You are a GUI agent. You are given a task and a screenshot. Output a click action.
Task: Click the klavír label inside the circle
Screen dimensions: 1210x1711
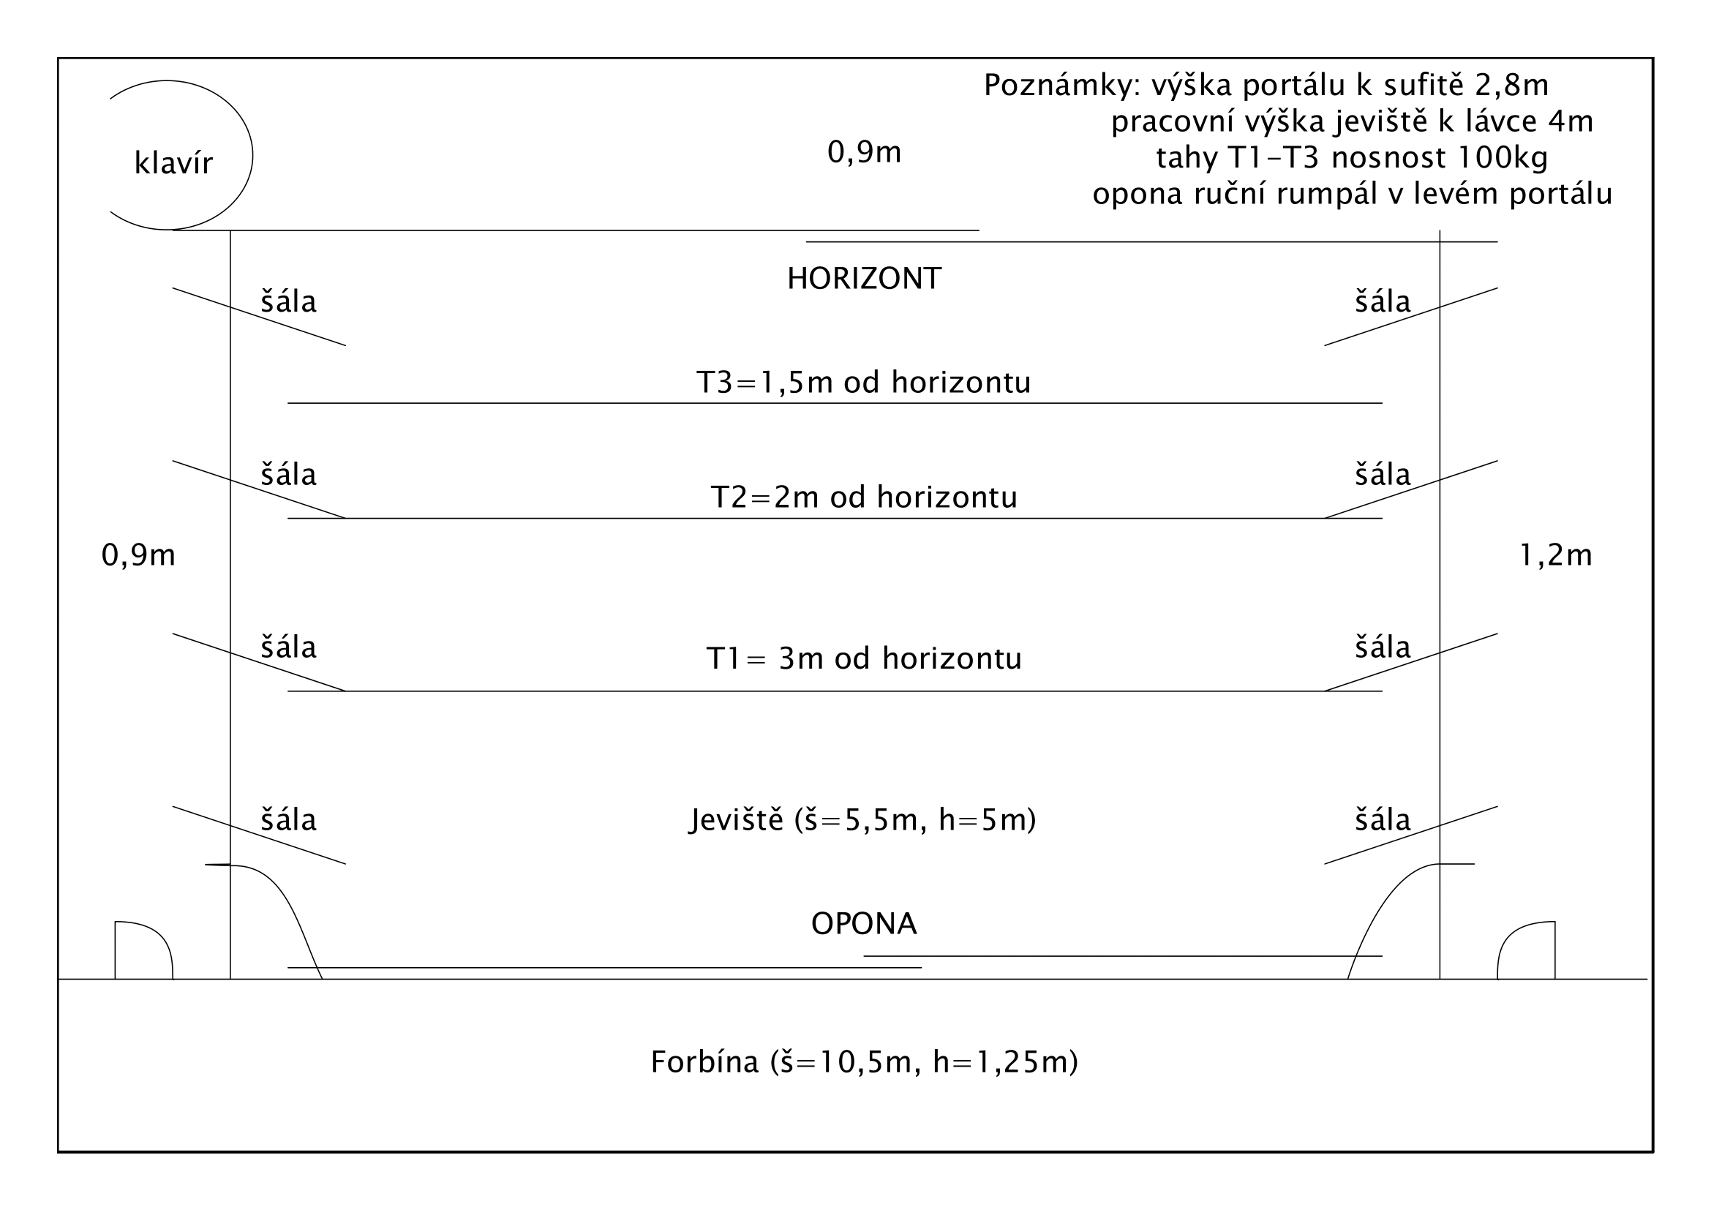point(173,163)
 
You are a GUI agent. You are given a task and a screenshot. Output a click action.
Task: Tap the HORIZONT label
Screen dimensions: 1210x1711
point(864,279)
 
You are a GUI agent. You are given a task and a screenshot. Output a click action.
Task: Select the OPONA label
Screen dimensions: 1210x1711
point(864,924)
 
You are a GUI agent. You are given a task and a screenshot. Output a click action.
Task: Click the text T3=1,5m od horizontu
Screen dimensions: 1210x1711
point(863,382)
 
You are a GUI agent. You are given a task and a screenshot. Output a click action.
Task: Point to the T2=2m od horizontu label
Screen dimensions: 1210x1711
point(864,497)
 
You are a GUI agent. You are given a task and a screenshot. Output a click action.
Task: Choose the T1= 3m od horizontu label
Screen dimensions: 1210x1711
point(864,658)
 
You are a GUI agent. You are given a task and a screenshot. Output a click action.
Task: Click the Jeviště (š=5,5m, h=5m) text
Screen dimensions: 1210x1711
point(862,819)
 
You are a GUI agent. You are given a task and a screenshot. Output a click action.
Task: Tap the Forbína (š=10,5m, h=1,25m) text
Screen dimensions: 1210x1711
point(864,1061)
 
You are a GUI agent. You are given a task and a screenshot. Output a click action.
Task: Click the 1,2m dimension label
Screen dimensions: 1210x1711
point(1555,555)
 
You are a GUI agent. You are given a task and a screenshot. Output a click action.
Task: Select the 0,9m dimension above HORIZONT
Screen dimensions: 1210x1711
point(864,152)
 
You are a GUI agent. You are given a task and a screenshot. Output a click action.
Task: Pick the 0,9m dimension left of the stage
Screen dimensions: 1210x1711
point(138,555)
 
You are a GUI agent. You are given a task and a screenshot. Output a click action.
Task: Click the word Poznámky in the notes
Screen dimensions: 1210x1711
point(1061,86)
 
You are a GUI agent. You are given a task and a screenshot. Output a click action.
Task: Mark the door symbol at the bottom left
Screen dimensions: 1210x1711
point(142,952)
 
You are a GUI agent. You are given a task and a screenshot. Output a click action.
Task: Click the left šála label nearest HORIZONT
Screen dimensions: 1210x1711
point(288,301)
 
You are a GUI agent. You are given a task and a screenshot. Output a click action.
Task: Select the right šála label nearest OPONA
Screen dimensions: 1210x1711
point(1383,820)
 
